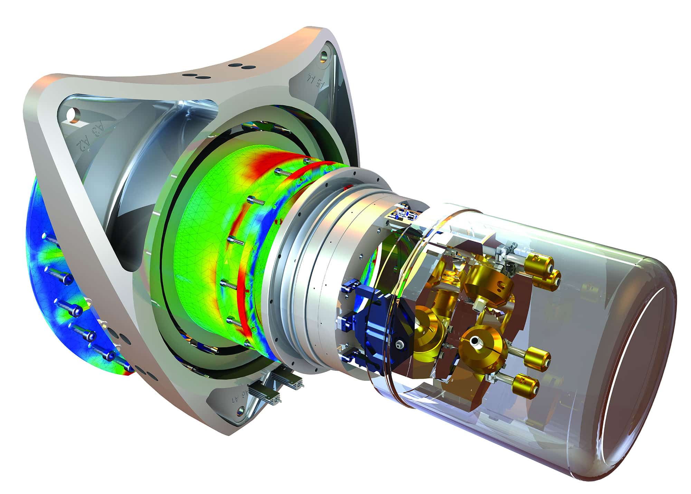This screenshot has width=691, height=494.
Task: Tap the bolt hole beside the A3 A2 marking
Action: pos(73,115)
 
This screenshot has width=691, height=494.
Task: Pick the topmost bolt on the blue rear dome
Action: pos(52,238)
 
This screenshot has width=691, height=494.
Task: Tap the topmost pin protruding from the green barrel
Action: pos(309,161)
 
